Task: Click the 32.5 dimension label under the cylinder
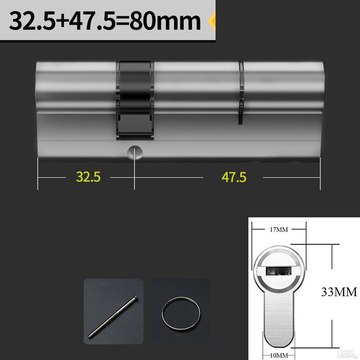[88, 177]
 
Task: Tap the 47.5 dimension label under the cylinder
[234, 177]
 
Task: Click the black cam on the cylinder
[135, 97]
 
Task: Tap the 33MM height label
[339, 292]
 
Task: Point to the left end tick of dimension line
[38, 177]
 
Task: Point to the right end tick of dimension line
[320, 177]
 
